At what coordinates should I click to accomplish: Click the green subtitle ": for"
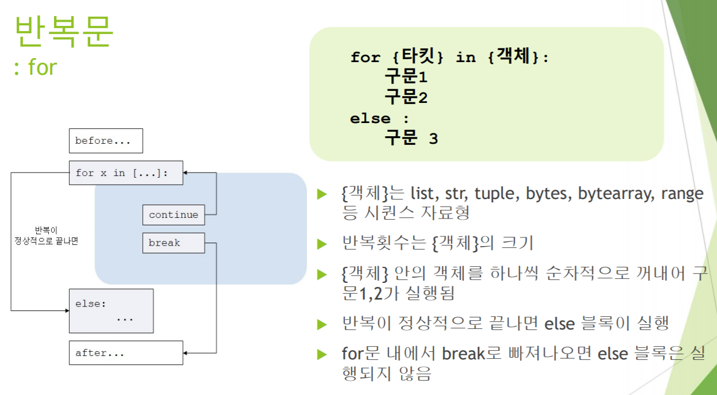[x=35, y=67]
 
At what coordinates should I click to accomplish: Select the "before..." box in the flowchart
[x=106, y=141]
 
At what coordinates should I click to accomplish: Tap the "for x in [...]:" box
[x=126, y=172]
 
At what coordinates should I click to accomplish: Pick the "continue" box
[x=174, y=214]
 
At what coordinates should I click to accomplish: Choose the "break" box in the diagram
[x=173, y=243]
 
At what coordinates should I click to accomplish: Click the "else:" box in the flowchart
[x=111, y=310]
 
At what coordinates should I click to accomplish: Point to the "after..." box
[x=126, y=352]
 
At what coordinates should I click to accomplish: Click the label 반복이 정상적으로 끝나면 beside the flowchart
[x=47, y=236]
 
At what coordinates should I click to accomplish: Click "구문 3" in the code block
[x=411, y=139]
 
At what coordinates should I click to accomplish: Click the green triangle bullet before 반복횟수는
[x=322, y=244]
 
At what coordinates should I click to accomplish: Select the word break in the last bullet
[x=464, y=353]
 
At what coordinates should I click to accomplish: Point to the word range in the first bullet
[x=682, y=193]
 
